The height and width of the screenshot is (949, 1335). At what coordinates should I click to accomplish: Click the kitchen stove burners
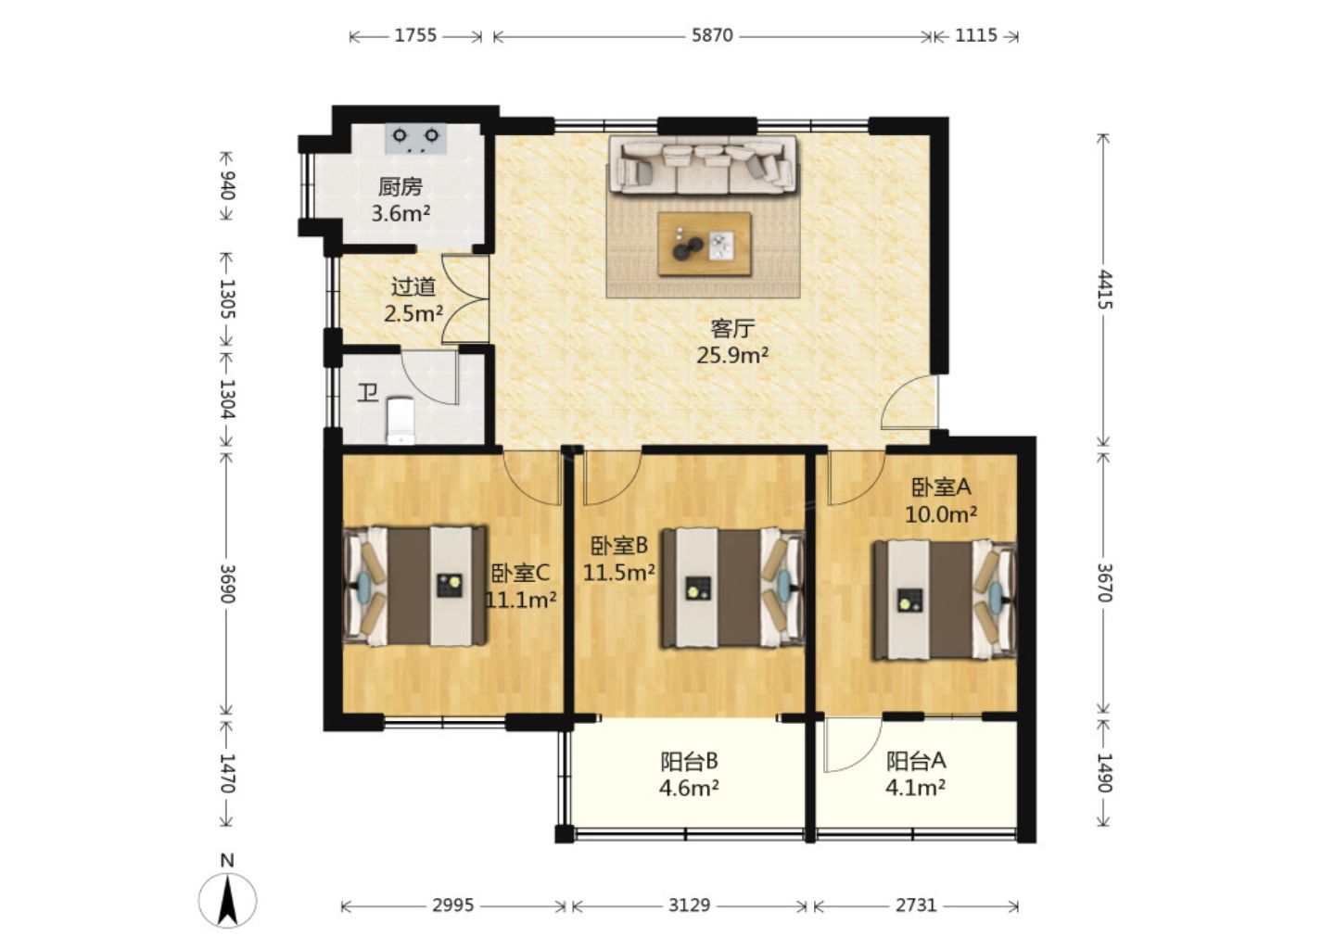tap(416, 138)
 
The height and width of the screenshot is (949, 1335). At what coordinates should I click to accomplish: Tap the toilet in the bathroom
tap(400, 421)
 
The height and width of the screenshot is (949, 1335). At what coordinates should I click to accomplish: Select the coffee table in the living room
tap(705, 244)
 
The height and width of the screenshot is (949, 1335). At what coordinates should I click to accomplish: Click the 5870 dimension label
tap(712, 36)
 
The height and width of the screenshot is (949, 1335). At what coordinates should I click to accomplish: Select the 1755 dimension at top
tap(415, 36)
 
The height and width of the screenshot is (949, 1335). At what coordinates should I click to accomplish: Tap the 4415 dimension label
tap(1104, 289)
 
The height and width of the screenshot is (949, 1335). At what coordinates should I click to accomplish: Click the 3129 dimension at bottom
tap(689, 906)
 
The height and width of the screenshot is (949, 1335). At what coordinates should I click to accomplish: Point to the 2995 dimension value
tap(453, 906)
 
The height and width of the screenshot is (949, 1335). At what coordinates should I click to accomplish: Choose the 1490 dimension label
tap(1104, 773)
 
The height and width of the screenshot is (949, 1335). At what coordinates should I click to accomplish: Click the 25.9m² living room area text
tap(732, 356)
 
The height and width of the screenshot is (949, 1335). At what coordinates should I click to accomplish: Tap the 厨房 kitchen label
tap(400, 187)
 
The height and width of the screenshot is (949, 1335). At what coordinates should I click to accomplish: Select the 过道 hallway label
tap(413, 287)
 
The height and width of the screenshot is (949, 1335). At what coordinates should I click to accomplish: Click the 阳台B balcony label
tap(689, 762)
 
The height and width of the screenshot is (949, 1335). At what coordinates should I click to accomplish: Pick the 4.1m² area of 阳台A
tap(915, 788)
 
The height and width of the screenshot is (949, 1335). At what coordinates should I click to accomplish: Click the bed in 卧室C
tap(415, 586)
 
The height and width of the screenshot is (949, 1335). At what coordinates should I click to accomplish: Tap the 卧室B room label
tap(619, 545)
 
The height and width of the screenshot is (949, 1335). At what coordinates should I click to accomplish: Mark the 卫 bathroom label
tap(368, 394)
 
